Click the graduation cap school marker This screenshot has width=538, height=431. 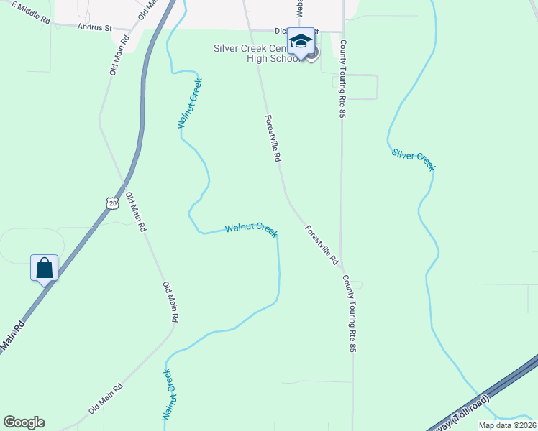pyautogui.click(x=301, y=42)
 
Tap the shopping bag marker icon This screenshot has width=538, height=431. pyautogui.click(x=44, y=268)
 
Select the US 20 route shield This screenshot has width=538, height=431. pyautogui.click(x=111, y=203)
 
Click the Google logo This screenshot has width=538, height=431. pyautogui.click(x=24, y=422)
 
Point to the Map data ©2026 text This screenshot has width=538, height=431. pyautogui.click(x=507, y=425)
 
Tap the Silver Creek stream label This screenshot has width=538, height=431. pyautogui.click(x=414, y=159)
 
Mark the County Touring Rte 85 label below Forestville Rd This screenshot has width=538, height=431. pyautogui.click(x=349, y=313)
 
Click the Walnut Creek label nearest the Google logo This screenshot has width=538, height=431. pyautogui.click(x=166, y=394)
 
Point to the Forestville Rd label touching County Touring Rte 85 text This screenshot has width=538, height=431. pyautogui.click(x=321, y=246)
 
